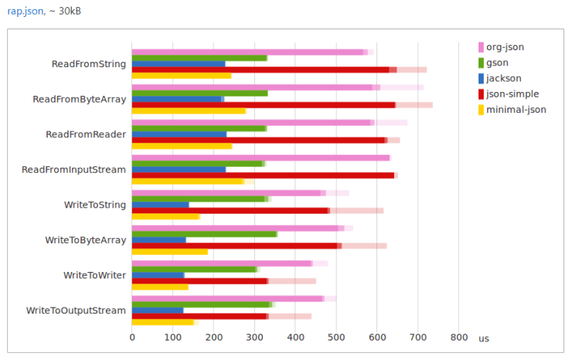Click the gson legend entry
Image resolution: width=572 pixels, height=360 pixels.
click(x=498, y=63)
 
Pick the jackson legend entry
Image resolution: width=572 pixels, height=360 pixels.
click(x=503, y=78)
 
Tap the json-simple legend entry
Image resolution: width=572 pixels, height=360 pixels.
click(x=512, y=93)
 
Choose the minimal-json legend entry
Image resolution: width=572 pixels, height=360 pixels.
click(x=516, y=110)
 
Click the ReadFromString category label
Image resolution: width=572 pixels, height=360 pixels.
click(x=88, y=63)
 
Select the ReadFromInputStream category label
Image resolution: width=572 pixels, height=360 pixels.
click(x=73, y=169)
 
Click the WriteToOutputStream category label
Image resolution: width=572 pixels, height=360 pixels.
click(x=76, y=311)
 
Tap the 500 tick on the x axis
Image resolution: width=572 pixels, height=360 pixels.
click(x=336, y=338)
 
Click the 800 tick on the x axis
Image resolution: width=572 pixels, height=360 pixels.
click(x=458, y=338)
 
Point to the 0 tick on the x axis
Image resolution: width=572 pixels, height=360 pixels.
click(x=132, y=338)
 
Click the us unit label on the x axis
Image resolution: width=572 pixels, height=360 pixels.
click(x=483, y=338)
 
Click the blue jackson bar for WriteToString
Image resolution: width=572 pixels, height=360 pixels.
click(x=160, y=205)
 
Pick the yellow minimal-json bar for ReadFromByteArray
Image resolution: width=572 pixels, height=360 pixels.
click(x=189, y=110)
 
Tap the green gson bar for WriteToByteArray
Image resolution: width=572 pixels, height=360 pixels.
click(x=204, y=233)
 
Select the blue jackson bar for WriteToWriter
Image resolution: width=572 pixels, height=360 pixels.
click(x=158, y=275)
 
